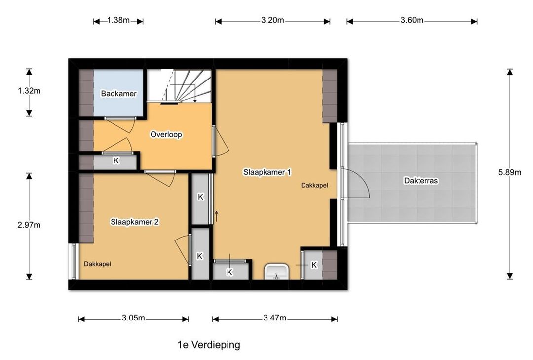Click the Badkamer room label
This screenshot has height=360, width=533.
(118, 93)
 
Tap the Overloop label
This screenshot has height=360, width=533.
(166, 134)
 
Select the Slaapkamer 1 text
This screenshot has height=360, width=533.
(267, 172)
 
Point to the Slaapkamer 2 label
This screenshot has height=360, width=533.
(135, 222)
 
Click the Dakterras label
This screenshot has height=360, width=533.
(421, 181)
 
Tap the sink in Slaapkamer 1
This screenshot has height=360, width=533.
(276, 271)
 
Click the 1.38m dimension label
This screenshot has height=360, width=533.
(118, 20)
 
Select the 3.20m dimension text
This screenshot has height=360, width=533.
(272, 20)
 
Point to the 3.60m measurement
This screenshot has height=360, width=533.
(412, 20)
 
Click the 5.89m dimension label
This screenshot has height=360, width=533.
(509, 172)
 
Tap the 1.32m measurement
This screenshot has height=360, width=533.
(29, 91)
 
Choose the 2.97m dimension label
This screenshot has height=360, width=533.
(29, 225)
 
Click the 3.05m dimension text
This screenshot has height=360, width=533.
(134, 318)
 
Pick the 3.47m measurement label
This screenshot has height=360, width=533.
(275, 318)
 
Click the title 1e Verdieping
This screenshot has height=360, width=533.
(209, 345)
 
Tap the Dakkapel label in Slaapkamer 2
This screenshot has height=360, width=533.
(98, 264)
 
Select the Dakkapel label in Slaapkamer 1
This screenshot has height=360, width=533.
(314, 186)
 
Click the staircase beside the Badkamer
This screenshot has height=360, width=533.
(179, 85)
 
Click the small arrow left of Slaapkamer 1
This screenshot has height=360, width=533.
(216, 216)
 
